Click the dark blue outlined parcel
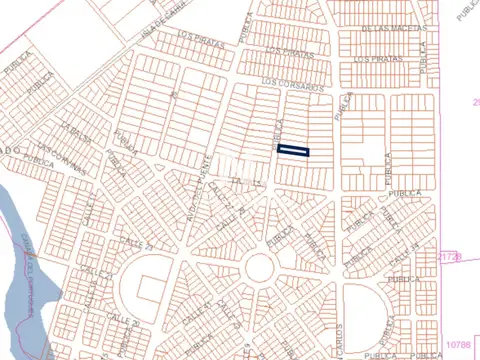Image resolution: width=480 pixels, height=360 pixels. (293, 151)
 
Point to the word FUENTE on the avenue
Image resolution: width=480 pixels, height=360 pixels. (205, 165)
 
